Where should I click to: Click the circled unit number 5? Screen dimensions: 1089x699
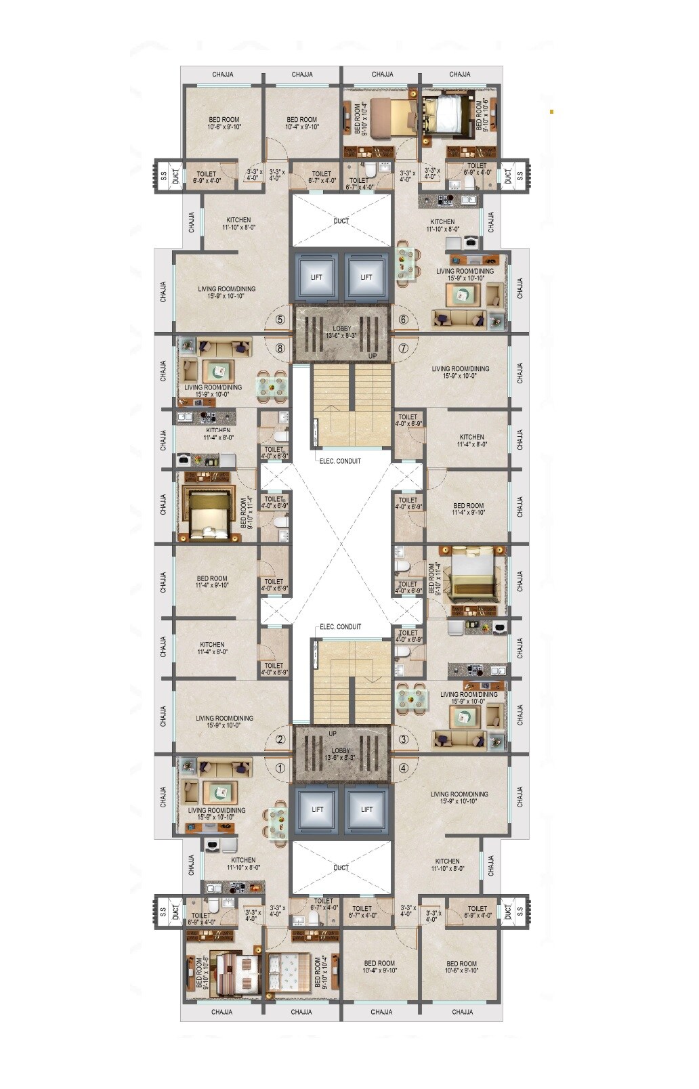(280, 320)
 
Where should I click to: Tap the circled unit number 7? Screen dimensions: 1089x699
(404, 349)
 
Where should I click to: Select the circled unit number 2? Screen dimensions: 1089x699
(280, 740)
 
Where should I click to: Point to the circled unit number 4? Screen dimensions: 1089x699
(404, 768)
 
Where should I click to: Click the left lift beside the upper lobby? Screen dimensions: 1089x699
(316, 276)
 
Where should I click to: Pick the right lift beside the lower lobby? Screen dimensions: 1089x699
(366, 809)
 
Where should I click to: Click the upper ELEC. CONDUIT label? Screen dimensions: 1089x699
(340, 461)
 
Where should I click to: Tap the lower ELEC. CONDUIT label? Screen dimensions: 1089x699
(340, 626)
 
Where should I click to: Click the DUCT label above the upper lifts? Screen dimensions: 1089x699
(341, 221)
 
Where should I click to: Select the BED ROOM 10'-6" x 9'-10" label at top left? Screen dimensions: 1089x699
(224, 123)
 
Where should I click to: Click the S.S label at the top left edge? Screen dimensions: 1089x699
(163, 175)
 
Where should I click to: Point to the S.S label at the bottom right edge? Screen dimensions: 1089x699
(520, 912)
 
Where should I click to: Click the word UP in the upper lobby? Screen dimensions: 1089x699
(372, 356)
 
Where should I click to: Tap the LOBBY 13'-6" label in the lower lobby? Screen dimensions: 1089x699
(341, 754)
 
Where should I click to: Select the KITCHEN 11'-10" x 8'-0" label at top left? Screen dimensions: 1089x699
(238, 223)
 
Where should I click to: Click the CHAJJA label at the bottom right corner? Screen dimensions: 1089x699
(462, 1012)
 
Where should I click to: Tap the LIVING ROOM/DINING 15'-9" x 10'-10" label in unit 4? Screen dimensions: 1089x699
(459, 797)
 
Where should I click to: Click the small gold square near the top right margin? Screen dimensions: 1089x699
(551, 111)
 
